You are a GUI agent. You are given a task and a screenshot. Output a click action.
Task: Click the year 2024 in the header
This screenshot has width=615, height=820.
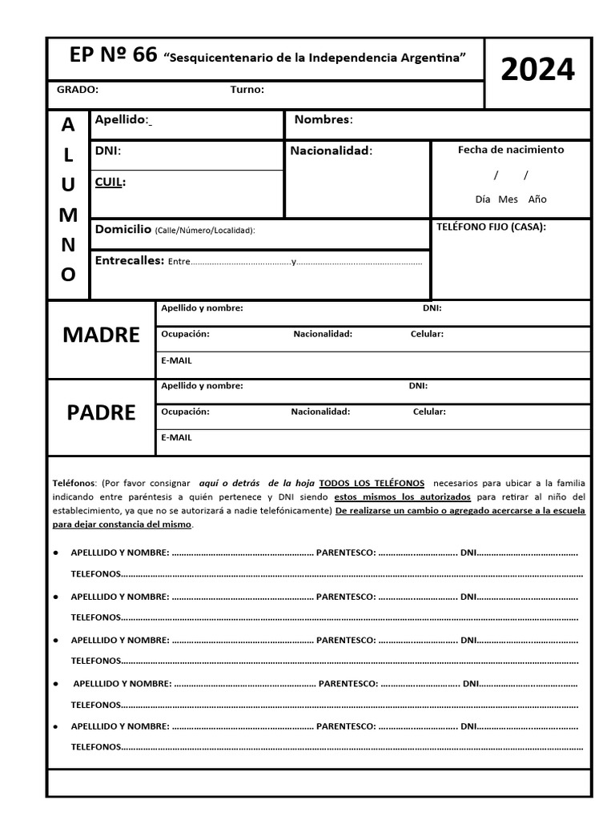tap(537, 71)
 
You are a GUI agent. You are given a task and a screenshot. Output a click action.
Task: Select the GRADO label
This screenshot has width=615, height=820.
tap(78, 90)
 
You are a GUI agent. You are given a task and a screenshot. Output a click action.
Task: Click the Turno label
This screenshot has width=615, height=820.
tap(247, 90)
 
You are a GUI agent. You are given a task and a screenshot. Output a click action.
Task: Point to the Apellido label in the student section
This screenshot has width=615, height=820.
tap(122, 120)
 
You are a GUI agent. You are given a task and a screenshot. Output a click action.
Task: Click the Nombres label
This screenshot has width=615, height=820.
tap(324, 120)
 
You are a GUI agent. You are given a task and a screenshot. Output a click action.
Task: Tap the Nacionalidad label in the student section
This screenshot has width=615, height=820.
tap(331, 151)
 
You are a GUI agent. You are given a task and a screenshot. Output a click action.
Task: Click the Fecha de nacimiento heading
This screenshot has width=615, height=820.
tap(510, 150)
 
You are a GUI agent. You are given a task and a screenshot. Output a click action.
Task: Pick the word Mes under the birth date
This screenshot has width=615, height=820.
tap(508, 199)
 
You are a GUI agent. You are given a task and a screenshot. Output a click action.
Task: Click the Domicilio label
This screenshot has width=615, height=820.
tap(123, 230)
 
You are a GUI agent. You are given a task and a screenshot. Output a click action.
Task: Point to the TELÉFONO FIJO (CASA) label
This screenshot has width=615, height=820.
tap(491, 227)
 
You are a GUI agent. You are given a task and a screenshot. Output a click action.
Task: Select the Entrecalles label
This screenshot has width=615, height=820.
tap(129, 261)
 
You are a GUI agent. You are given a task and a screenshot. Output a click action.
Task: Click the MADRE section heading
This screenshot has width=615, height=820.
tap(101, 336)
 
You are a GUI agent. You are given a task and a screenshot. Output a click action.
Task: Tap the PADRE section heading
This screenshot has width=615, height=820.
tap(101, 412)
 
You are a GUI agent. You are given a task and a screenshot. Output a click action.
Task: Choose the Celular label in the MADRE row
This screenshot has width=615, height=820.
tap(427, 334)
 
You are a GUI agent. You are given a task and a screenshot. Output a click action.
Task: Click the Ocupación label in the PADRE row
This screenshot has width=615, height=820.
tap(185, 412)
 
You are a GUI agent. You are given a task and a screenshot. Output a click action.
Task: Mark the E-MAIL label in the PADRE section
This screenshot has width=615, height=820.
tap(176, 438)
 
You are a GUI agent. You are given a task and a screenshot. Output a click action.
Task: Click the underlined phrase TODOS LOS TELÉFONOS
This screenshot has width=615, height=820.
tap(372, 484)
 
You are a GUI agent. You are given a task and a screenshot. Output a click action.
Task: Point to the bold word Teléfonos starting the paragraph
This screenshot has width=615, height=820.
tap(74, 484)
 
